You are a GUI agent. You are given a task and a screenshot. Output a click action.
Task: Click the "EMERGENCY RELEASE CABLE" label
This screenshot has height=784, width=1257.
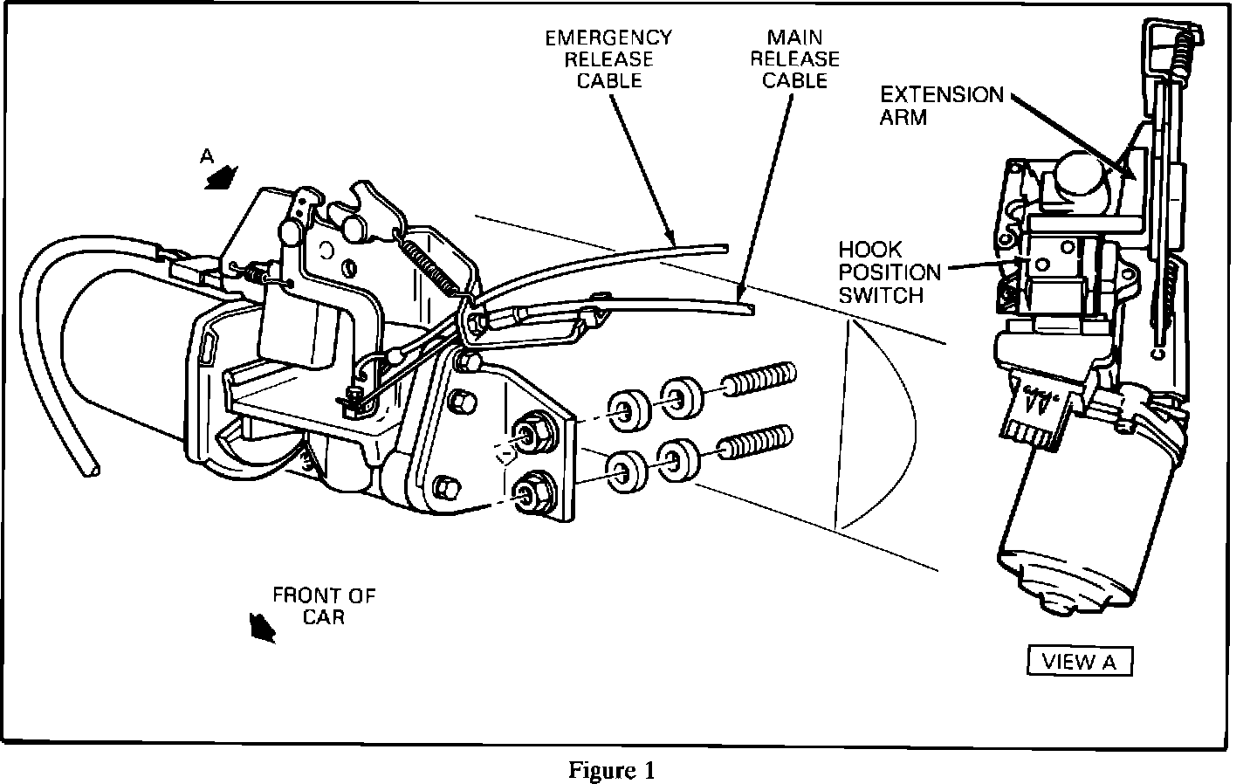[x=608, y=59]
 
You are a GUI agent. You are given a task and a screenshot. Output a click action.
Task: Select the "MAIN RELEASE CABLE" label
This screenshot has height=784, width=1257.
[x=794, y=59]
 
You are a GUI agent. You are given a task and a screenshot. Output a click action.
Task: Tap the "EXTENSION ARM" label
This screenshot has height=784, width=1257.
[x=941, y=105]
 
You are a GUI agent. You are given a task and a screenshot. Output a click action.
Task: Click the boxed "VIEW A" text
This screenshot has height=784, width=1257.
[x=1079, y=661]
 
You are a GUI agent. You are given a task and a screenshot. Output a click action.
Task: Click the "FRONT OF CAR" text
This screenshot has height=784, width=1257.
[x=324, y=606]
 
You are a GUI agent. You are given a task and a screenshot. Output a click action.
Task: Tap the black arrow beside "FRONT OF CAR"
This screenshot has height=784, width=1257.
[x=260, y=626]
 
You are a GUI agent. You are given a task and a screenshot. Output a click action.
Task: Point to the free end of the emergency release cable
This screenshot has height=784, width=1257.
[x=725, y=247]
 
